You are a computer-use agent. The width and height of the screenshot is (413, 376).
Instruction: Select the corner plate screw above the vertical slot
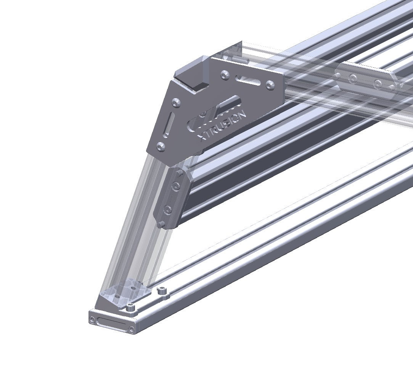pyautogui.click(x=176, y=102)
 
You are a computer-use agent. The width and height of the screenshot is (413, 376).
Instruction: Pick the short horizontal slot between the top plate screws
pyautogui.click(x=248, y=80)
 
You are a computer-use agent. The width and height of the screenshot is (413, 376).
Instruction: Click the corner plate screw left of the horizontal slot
pyautogui.click(x=225, y=76)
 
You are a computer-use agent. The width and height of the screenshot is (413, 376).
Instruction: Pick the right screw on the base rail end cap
pyautogui.click(x=132, y=329)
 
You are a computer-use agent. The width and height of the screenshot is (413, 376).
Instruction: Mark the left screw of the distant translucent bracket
pyautogui.click(x=354, y=79)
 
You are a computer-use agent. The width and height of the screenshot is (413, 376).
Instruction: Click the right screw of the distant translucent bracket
pyautogui.click(x=378, y=84)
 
